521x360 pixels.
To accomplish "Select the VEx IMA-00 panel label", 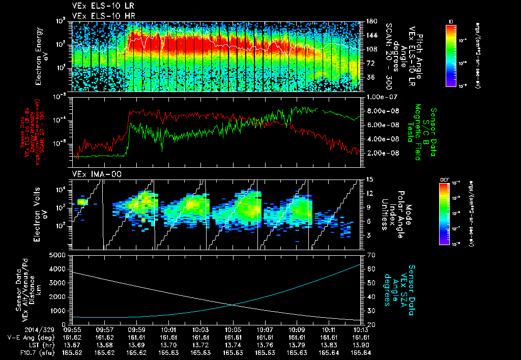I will click(x=93, y=174).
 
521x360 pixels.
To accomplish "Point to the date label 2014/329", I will click(x=19, y=329).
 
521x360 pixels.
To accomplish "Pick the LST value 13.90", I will click(x=361, y=344).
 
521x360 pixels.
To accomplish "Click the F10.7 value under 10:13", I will click(x=361, y=352).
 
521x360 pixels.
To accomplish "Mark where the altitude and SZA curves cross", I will click(x=233, y=305).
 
